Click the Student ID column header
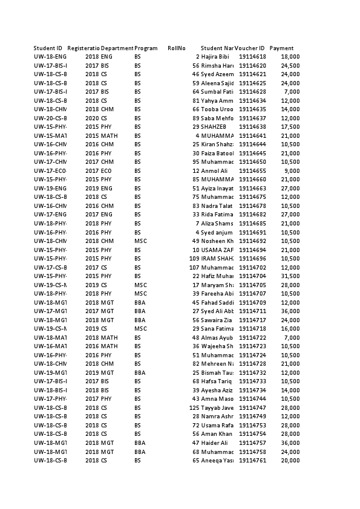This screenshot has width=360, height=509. pos(48,48)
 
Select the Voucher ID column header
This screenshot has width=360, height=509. pos(250,48)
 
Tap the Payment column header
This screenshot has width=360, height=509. pos(282,48)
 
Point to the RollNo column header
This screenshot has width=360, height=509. pos(177,48)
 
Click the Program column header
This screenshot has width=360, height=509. pos(146,48)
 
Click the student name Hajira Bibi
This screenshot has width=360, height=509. pos(215,57)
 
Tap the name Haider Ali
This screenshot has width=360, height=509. pos(215,443)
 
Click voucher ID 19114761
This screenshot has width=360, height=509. pos(252,461)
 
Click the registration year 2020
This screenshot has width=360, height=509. pos(92,118)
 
